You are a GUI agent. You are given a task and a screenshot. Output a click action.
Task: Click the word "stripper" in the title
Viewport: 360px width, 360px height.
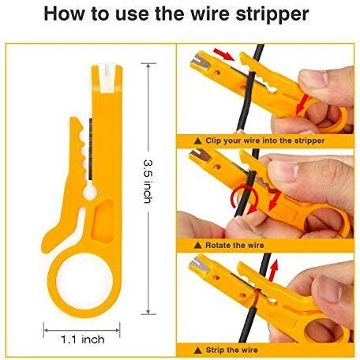(272, 14)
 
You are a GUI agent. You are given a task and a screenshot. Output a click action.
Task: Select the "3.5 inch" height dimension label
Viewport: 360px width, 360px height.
(148, 181)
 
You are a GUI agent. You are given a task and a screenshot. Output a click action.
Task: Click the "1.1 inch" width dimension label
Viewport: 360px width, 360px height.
(82, 339)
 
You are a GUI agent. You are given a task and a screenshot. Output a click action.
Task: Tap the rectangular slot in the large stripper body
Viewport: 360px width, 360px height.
(103, 220)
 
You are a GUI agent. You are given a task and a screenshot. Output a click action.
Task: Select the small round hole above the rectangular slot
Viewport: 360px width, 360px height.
(90, 193)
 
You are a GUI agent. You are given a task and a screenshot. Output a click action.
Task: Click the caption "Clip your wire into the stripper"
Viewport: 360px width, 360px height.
(264, 141)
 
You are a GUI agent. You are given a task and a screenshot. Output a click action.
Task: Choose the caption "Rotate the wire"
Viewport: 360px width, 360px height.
(234, 246)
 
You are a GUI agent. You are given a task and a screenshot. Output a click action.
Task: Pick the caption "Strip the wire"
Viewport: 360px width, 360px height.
(232, 350)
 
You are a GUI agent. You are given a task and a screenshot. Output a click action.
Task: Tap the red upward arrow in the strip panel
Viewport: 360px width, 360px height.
(274, 270)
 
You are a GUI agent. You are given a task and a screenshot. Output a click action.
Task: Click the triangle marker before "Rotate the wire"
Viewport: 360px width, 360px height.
(197, 246)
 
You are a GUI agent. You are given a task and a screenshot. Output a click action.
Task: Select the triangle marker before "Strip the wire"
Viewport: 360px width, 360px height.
(197, 351)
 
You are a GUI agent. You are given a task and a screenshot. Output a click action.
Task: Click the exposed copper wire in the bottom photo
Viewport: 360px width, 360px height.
(257, 298)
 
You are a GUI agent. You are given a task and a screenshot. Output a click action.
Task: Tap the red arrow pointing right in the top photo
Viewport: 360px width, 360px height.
(224, 54)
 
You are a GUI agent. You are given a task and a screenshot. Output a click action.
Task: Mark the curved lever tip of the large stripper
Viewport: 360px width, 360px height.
(47, 242)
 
